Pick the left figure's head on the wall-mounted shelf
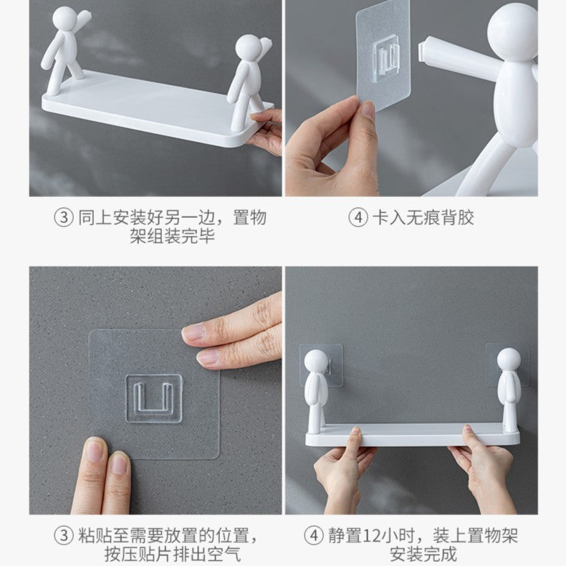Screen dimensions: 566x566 [316, 360]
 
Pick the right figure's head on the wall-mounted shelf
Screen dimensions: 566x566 [508, 360]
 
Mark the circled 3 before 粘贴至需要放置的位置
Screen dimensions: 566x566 [64, 535]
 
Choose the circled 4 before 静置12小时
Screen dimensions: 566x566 [315, 535]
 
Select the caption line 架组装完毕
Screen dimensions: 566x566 [172, 236]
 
